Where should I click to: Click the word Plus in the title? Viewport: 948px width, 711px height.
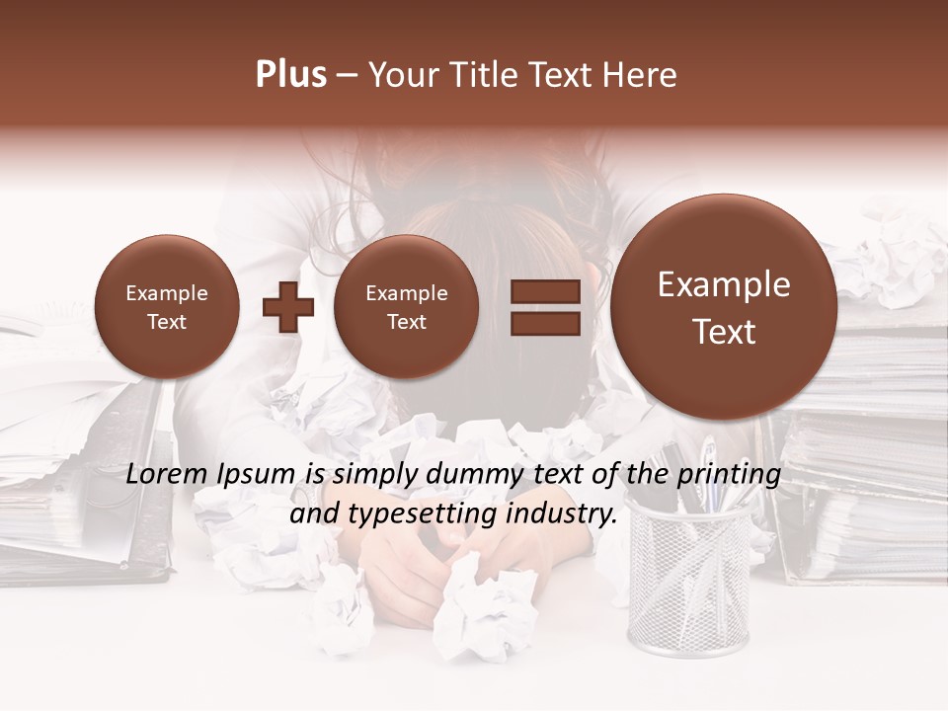(x=290, y=75)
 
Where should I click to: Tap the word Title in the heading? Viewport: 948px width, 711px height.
(x=485, y=75)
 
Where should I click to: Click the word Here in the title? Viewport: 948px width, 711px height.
(x=641, y=75)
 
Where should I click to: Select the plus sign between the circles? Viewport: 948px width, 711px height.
(x=288, y=306)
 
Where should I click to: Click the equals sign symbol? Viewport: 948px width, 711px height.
(x=544, y=307)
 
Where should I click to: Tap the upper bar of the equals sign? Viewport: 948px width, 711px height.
(x=544, y=291)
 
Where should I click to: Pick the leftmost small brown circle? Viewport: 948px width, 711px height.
(x=166, y=306)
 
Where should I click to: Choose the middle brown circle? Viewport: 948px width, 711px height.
(x=406, y=306)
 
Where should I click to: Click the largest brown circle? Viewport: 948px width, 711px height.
(x=724, y=307)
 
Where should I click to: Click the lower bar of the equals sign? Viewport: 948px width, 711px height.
(x=544, y=323)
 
